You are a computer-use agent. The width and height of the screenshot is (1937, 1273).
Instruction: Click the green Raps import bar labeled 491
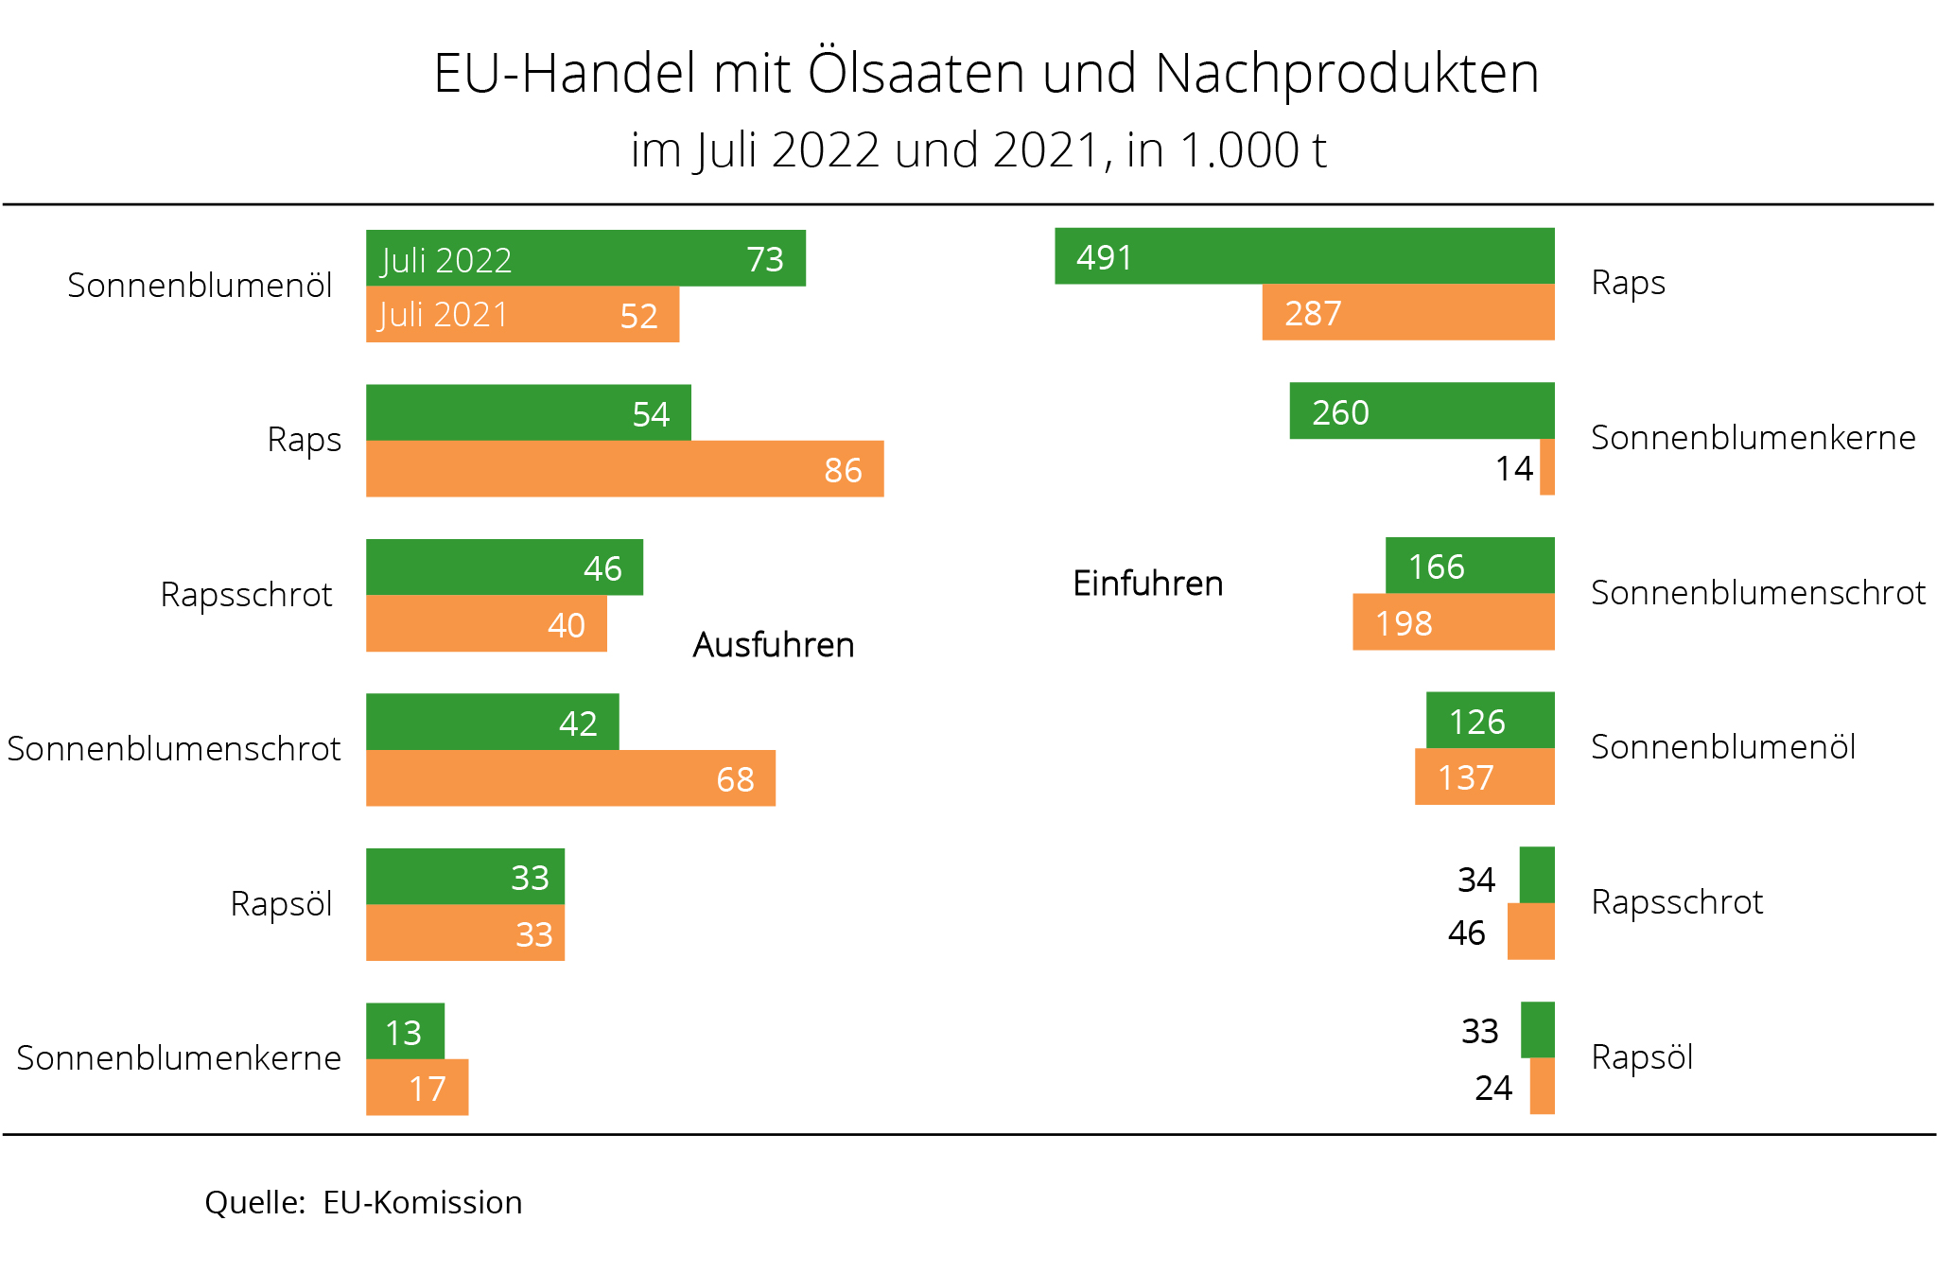[1305, 256]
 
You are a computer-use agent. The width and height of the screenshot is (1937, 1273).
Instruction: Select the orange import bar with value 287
[1408, 312]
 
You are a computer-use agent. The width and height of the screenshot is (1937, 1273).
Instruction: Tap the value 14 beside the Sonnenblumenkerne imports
[1513, 468]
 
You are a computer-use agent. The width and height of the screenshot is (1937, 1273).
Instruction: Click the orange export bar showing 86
[624, 469]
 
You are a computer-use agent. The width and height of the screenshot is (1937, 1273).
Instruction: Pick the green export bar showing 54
[528, 412]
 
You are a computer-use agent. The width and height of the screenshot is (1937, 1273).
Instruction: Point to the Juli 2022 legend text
[445, 260]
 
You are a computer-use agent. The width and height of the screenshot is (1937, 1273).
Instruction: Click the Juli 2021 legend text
[443, 315]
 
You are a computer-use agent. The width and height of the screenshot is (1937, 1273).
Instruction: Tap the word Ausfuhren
[773, 645]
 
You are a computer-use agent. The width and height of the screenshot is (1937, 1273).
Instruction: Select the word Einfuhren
[1147, 584]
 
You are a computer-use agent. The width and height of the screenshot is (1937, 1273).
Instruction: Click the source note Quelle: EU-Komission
[363, 1202]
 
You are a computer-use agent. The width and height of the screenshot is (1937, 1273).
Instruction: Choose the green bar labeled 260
[1422, 411]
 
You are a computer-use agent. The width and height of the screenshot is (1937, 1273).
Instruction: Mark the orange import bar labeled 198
[1453, 622]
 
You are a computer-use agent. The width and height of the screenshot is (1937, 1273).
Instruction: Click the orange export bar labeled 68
[570, 778]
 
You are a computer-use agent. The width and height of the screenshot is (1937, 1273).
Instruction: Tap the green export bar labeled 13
[405, 1032]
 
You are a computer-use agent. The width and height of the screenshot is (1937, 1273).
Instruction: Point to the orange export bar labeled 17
[417, 1088]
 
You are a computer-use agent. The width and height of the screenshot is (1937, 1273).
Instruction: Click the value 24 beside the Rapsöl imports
[1493, 1088]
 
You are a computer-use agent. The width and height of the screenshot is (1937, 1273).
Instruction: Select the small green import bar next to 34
[1537, 876]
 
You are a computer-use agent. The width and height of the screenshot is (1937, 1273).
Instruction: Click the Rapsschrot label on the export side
[246, 595]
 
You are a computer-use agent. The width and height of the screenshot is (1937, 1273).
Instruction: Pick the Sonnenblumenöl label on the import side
[1722, 747]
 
